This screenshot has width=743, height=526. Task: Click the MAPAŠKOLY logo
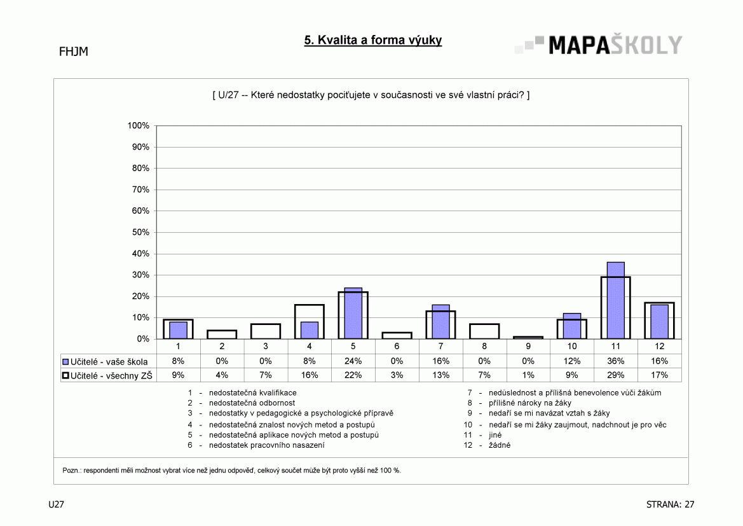[599, 45]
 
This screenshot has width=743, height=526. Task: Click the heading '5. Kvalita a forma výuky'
[373, 40]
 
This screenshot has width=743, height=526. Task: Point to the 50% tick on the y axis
[140, 232]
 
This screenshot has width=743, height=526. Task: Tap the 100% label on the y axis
[139, 126]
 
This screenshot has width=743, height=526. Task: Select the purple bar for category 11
[615, 300]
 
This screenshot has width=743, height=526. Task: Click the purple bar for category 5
[353, 313]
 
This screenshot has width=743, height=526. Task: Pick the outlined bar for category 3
[266, 331]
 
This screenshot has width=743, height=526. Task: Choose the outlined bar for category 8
[484, 331]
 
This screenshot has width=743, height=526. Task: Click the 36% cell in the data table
[615, 361]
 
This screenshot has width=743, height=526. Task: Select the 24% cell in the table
[353, 361]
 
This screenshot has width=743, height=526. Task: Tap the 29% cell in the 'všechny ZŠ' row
[615, 375]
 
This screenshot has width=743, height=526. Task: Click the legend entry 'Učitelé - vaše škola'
[106, 362]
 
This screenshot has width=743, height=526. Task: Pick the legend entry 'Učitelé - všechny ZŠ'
[107, 376]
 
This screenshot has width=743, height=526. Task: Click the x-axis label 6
[397, 346]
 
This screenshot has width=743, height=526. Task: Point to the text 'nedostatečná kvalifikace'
[252, 392]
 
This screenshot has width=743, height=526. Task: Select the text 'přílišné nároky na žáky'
[530, 403]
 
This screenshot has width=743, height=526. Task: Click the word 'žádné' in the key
[500, 445]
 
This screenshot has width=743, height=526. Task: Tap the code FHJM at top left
[74, 52]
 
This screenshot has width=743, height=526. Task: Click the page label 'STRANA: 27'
[670, 504]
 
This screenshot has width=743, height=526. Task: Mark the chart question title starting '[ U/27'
[371, 95]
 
